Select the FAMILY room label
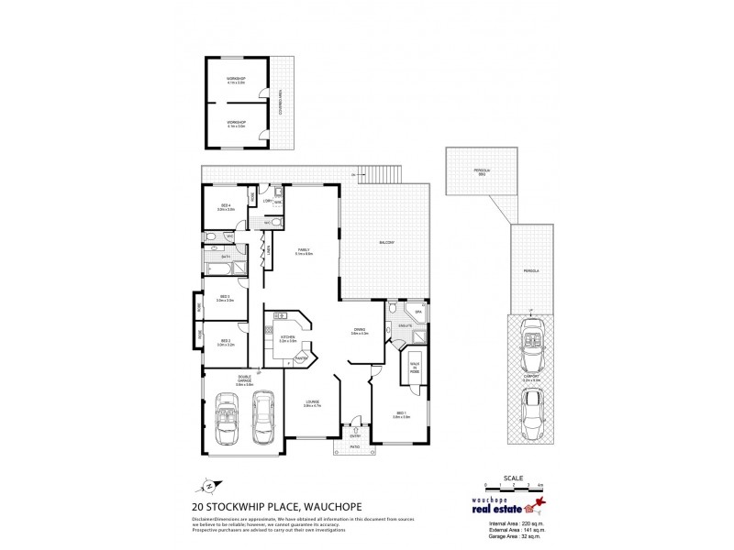click(304, 252)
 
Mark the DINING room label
click(359, 331)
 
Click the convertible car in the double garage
click(226, 421)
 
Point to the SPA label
click(417, 313)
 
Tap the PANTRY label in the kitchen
click(302, 358)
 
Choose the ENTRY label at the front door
click(355, 437)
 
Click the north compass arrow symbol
click(210, 486)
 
